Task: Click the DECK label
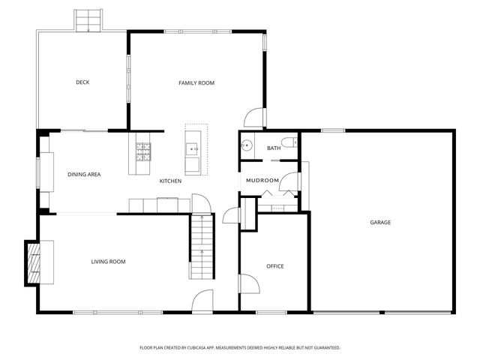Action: click(82, 82)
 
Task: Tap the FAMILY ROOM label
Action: click(196, 82)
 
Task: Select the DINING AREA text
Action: click(84, 174)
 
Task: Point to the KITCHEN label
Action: click(170, 181)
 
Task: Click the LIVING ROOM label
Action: click(108, 262)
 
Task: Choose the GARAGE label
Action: click(380, 222)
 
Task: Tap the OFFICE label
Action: click(275, 266)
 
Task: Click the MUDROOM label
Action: click(263, 181)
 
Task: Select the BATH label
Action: click(274, 148)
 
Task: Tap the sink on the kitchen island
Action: click(193, 148)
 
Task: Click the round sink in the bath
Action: click(246, 146)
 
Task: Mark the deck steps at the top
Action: click(88, 20)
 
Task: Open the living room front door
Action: click(202, 301)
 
